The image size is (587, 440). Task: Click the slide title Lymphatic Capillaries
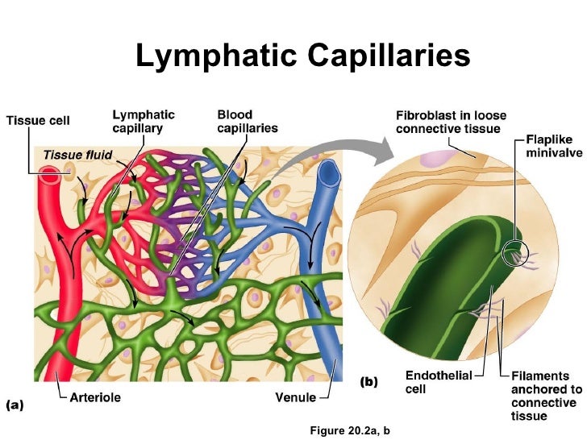(302, 57)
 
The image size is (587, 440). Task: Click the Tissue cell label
(38, 121)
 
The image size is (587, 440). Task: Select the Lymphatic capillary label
(143, 121)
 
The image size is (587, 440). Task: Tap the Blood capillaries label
(248, 121)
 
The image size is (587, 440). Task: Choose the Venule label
(295, 397)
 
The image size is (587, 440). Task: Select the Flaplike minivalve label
(554, 145)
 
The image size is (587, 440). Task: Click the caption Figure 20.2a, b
(349, 430)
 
